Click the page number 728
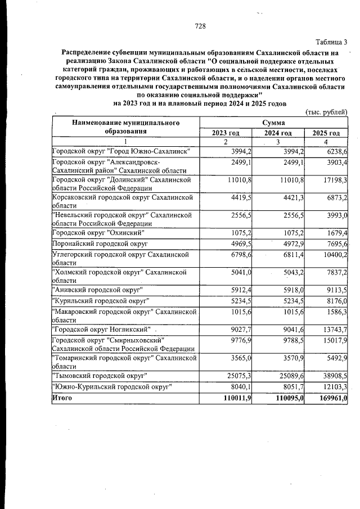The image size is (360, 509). click(200, 26)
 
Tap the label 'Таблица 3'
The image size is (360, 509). click(332, 42)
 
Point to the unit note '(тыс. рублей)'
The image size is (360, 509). click(326, 112)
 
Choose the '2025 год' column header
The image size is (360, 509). click(326, 133)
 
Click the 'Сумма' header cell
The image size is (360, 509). click(273, 122)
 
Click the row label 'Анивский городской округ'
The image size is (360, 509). click(97, 289)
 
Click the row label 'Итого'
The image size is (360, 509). click(62, 398)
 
